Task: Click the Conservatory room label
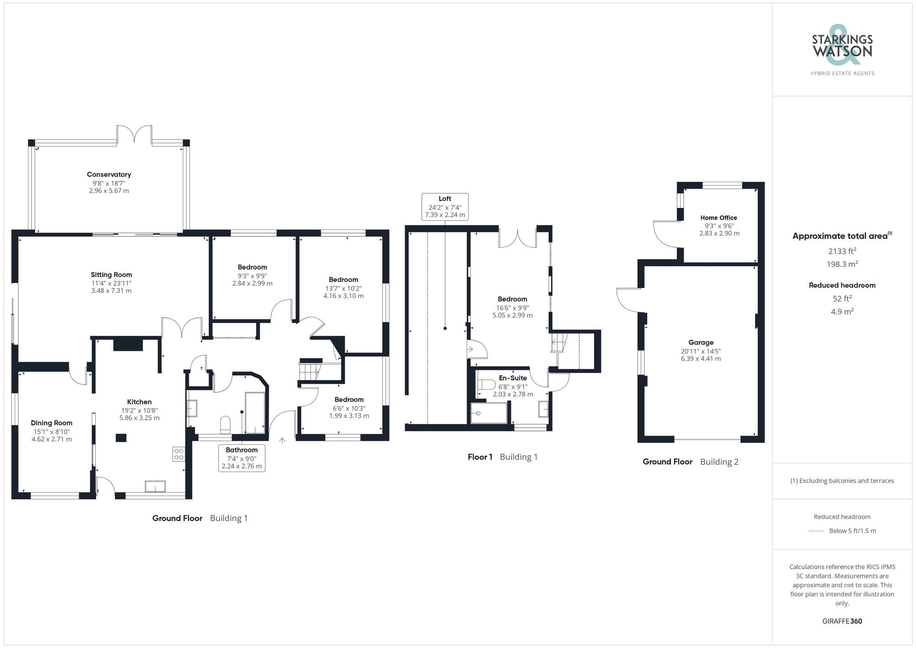[x=109, y=174]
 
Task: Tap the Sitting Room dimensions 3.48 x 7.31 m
[x=111, y=291]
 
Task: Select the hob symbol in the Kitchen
[x=179, y=454]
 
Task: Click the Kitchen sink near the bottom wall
[x=155, y=486]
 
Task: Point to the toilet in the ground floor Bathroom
[x=225, y=424]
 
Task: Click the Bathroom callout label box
[x=242, y=458]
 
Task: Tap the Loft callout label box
[x=445, y=207]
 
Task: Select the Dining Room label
[x=51, y=423]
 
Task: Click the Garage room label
[x=701, y=343]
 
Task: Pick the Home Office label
[x=719, y=218]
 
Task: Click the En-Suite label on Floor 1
[x=513, y=378]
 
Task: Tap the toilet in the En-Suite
[x=486, y=384]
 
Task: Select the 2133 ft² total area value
[x=842, y=251]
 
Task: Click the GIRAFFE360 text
[x=842, y=621]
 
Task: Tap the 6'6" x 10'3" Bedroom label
[x=349, y=400]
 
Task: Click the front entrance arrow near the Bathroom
[x=282, y=441]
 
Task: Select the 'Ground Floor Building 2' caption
[x=690, y=462]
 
